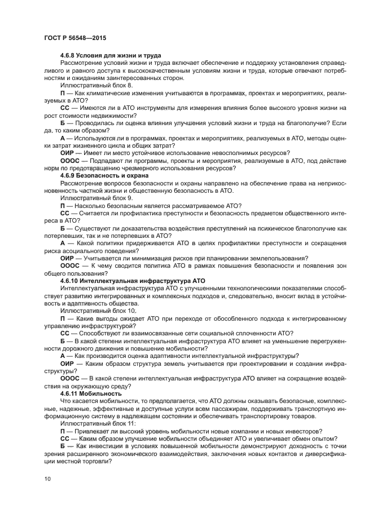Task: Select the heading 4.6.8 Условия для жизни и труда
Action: coord(111,55)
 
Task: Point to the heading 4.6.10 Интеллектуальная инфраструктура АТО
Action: coord(132,280)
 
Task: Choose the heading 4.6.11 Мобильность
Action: coord(90,393)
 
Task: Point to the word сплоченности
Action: coord(247,333)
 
